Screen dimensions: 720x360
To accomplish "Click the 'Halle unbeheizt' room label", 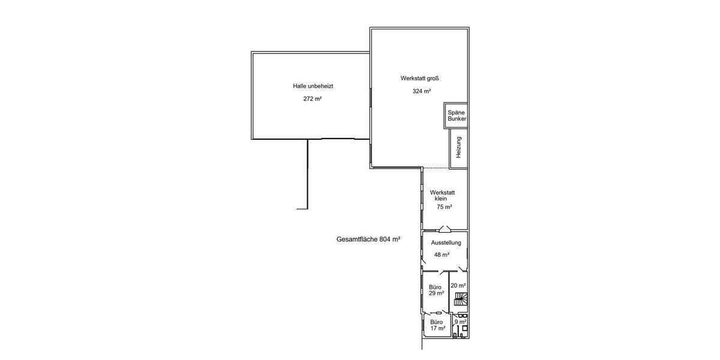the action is pyautogui.click(x=313, y=86).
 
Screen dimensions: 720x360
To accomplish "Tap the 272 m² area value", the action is pyautogui.click(x=313, y=98).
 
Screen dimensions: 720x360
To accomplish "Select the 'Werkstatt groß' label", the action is pyautogui.click(x=419, y=78).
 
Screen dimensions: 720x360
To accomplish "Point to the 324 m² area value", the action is pyautogui.click(x=422, y=91).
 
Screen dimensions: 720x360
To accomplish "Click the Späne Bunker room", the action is pyautogui.click(x=456, y=116).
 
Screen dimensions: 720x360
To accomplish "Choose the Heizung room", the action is pyautogui.click(x=458, y=148).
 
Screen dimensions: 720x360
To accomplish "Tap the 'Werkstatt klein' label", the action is pyautogui.click(x=442, y=196).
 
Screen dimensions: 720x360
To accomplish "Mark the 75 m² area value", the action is pyautogui.click(x=444, y=207).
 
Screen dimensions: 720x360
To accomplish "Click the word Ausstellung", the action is pyautogui.click(x=446, y=242).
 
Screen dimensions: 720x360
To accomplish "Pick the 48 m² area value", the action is pyautogui.click(x=442, y=254).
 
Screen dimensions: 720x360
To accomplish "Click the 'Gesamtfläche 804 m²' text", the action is pyautogui.click(x=368, y=239).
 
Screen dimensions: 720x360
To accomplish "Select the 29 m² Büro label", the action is pyautogui.click(x=436, y=290).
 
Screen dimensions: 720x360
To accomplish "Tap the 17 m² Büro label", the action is pyautogui.click(x=438, y=325).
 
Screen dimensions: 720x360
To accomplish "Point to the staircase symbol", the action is pyautogui.click(x=461, y=299).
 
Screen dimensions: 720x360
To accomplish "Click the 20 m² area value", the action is pyautogui.click(x=458, y=286).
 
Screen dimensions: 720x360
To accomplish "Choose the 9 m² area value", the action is pyautogui.click(x=461, y=322).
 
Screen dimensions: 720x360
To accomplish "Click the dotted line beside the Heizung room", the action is pyautogui.click(x=436, y=168).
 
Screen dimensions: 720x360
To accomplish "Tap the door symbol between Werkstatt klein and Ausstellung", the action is pyautogui.click(x=445, y=229).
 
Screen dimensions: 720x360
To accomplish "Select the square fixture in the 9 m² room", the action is pyautogui.click(x=464, y=328).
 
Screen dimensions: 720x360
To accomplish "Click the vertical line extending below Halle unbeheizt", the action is pyautogui.click(x=308, y=174).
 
